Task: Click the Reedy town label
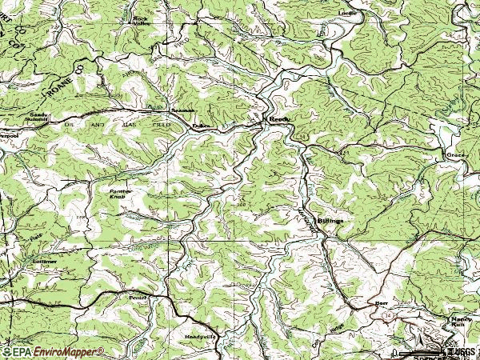coord(279,118)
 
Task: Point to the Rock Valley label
coord(142,21)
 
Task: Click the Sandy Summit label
coord(39,117)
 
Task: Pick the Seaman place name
coord(183,110)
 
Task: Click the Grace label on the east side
coord(455,154)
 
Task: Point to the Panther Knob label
coord(122,194)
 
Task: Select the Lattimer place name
coord(45,261)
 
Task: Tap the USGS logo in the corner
coord(461,350)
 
